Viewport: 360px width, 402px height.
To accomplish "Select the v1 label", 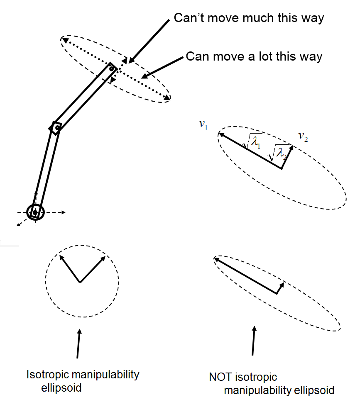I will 203,125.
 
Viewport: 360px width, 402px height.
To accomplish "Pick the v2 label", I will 303,136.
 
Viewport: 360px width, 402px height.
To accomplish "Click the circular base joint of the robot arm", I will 35,212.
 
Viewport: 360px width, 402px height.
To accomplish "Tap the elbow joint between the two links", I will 57,128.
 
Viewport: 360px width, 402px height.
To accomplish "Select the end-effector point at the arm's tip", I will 112,68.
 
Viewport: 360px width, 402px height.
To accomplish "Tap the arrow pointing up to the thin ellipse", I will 253,340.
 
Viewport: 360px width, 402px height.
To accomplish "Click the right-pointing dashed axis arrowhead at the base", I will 63,212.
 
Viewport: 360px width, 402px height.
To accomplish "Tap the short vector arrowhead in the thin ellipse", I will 283,285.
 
